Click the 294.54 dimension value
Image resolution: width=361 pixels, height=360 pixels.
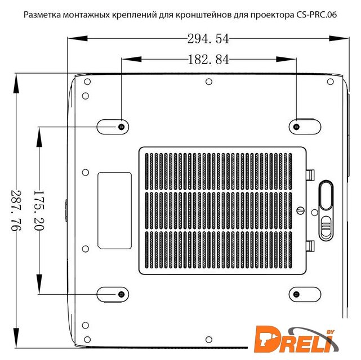tap(208, 39)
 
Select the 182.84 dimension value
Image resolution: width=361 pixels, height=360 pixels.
tap(208, 60)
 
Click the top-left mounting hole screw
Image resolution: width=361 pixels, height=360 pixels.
tap(122, 127)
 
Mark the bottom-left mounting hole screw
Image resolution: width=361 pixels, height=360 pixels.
tap(122, 294)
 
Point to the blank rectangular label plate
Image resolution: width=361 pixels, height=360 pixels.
tap(115, 210)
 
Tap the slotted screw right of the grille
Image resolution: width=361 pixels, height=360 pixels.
tap(300, 210)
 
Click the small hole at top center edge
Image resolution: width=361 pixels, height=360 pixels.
tap(209, 82)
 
